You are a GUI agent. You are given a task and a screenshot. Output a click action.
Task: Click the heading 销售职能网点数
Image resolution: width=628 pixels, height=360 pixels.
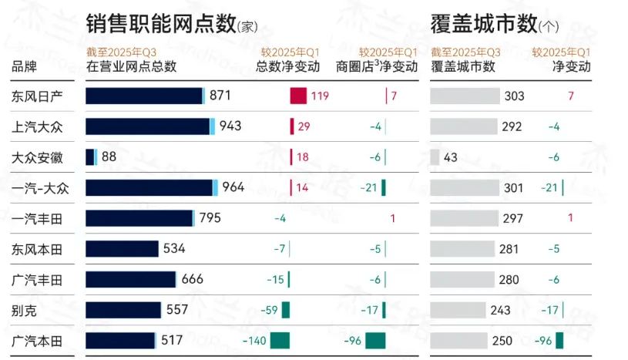pos(161,24)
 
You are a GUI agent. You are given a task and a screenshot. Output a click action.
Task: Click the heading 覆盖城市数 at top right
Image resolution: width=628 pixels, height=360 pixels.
pos(483,24)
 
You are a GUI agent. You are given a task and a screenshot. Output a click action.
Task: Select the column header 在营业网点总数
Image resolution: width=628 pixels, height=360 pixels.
pos(131,66)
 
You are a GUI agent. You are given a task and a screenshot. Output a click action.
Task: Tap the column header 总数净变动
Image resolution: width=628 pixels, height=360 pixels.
pos(287,66)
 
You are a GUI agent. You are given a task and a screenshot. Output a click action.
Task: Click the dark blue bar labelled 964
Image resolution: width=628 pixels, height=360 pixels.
pos(149,187)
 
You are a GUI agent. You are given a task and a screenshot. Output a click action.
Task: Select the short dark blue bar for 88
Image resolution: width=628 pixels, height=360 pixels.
pos(89,157)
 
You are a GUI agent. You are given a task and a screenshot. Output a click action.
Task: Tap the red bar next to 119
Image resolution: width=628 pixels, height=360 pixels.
pos(298,96)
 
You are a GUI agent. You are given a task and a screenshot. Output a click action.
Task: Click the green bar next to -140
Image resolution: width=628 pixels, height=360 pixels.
pos(280,340)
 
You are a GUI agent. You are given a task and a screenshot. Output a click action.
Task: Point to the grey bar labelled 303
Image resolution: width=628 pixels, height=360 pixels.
pos(465,96)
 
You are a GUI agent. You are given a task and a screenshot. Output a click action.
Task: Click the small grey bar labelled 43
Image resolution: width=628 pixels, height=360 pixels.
pos(435,157)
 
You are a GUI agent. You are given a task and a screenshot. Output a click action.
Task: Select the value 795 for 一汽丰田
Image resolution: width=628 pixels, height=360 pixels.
pos(210,218)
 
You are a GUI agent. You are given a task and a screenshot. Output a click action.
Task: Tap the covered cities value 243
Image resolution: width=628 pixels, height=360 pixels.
pos(501,310)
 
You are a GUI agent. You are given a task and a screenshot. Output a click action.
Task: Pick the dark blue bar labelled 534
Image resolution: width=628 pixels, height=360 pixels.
pos(122,248)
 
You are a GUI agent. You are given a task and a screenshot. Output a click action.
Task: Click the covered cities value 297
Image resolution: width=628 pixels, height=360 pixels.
pos(512,218)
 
